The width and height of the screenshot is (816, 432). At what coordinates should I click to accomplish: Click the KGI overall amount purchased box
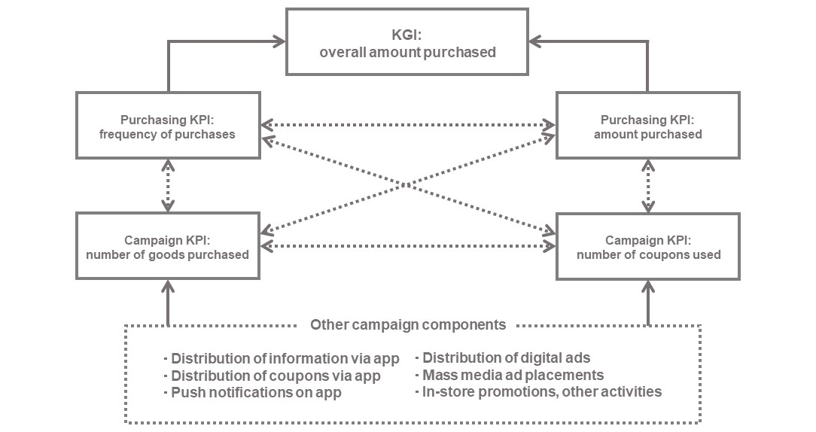coord(407,42)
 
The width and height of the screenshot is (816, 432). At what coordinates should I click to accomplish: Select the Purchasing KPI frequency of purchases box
coord(168,125)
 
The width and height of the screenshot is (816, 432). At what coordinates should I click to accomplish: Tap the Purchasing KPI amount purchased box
coord(647,125)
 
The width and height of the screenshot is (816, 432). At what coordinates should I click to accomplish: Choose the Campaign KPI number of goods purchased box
coord(168,246)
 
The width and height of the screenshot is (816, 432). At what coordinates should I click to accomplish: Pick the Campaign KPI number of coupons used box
coord(647,246)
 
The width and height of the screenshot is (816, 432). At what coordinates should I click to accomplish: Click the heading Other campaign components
coord(407,325)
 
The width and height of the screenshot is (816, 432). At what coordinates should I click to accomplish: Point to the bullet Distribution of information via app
coord(285,358)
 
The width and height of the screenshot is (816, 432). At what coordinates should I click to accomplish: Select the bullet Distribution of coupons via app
coord(276,376)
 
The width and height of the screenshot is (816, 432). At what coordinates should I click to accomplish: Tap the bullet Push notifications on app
coord(256,393)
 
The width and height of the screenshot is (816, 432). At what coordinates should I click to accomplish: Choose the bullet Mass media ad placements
coord(513,375)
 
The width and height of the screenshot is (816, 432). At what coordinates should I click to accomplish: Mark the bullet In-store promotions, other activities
coord(541,391)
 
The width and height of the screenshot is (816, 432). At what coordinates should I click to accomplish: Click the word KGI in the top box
coord(407,35)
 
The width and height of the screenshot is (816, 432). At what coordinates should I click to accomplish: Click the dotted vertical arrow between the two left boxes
coord(168,185)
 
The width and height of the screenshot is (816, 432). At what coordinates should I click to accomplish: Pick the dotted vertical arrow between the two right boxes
coord(647,185)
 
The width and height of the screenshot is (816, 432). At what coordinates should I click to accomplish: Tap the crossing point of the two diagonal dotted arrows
coord(407,184)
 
